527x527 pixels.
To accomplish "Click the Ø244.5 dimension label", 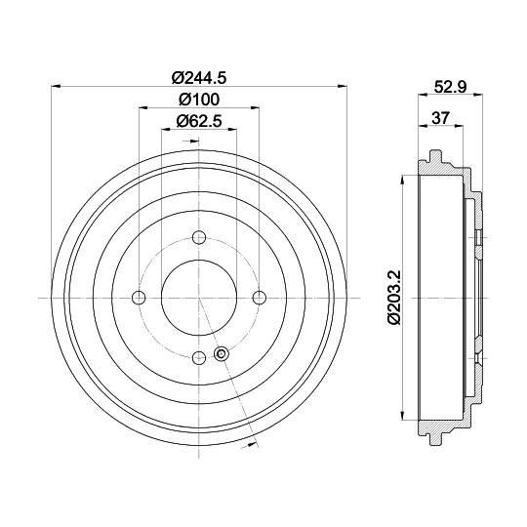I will [199, 71].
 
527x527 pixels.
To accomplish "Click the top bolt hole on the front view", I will [199, 237].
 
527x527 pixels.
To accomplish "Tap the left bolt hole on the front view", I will [139, 298].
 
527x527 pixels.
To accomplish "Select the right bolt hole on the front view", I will [260, 298].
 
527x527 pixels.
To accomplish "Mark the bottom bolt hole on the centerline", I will [199, 358].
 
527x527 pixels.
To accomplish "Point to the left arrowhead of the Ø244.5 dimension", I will [53, 84].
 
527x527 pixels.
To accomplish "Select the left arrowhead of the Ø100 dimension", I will [143, 108].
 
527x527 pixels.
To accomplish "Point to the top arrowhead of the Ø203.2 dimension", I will [402, 182].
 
